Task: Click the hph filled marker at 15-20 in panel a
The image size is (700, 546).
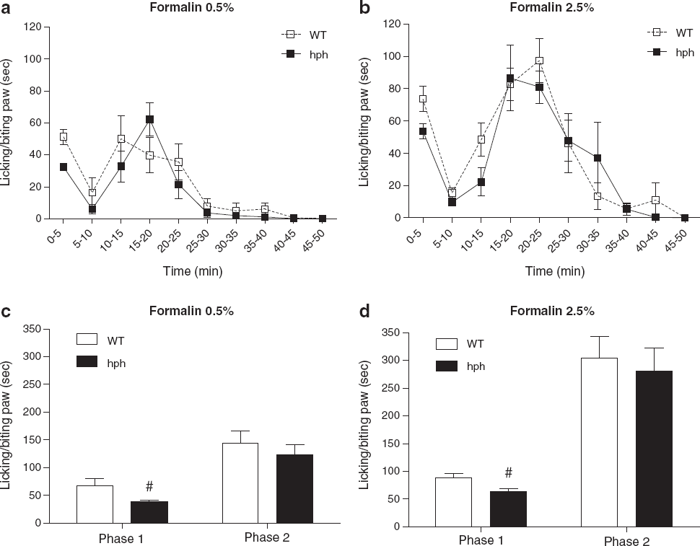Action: pyautogui.click(x=149, y=120)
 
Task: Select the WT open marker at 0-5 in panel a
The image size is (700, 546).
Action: pyautogui.click(x=64, y=137)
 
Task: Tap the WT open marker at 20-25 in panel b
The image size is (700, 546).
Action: pyautogui.click(x=539, y=61)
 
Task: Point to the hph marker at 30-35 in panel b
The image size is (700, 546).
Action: pyautogui.click(x=598, y=158)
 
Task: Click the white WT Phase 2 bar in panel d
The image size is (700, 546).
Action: pyautogui.click(x=599, y=442)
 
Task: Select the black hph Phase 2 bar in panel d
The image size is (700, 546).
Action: pyautogui.click(x=654, y=449)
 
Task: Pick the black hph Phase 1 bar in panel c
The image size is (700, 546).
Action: pyautogui.click(x=149, y=512)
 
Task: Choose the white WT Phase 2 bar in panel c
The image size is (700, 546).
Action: pyautogui.click(x=240, y=483)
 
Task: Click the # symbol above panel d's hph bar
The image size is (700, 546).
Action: pyautogui.click(x=508, y=472)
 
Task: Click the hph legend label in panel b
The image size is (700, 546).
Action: pyautogui.click(x=685, y=53)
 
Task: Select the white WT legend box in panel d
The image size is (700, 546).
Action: pyautogui.click(x=447, y=344)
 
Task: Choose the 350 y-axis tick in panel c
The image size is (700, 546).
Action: pyautogui.click(x=32, y=329)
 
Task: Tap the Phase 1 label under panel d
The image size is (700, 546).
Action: pyautogui.click(x=481, y=541)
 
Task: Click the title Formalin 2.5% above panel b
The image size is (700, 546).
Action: pyautogui.click(x=552, y=8)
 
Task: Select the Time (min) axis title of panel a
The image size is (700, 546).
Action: pyautogui.click(x=193, y=270)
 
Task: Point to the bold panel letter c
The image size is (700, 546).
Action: pyautogui.click(x=6, y=312)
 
